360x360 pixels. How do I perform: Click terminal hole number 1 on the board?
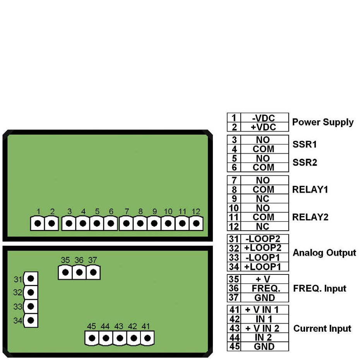38,223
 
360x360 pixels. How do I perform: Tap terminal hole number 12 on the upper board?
196,223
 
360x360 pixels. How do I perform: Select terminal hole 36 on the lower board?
79,272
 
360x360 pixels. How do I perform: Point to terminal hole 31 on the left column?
31,278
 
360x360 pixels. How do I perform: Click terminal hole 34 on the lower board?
31,320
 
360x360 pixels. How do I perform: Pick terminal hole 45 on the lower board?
92,338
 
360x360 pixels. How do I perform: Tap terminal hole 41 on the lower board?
147,338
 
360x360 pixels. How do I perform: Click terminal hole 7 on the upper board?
127,223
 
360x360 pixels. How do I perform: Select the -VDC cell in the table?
264,118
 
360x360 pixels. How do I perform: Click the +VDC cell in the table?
264,127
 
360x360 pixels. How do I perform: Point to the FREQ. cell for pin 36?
264,288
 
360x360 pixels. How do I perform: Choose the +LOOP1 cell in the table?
264,266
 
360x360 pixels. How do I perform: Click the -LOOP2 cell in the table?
264,239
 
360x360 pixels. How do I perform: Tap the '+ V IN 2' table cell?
264,328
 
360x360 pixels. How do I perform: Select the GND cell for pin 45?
264,346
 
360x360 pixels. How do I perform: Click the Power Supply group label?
322,122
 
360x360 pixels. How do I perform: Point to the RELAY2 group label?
310,217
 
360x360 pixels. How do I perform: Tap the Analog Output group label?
324,253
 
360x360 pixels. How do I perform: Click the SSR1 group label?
305,144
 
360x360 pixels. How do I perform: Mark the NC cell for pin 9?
264,199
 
